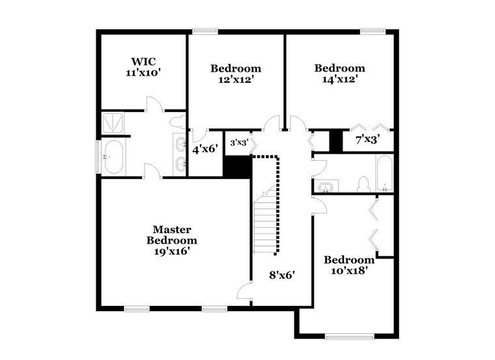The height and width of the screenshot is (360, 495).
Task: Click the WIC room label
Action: [x=143, y=61]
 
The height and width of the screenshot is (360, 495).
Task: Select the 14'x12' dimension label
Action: [x=340, y=79]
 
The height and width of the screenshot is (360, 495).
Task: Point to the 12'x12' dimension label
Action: [x=236, y=79]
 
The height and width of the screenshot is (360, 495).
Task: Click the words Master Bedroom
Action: [x=172, y=235]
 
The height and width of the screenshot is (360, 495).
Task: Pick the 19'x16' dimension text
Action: [x=172, y=251]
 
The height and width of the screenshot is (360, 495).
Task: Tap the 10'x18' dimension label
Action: [x=349, y=271]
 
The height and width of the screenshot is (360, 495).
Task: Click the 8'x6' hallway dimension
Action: [x=282, y=275]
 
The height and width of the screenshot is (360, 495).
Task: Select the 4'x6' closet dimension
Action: [x=205, y=149]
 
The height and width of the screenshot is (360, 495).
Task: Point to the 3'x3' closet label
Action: [x=240, y=143]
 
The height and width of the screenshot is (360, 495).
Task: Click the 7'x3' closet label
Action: [x=367, y=139]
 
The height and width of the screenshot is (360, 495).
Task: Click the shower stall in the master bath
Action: [x=113, y=122]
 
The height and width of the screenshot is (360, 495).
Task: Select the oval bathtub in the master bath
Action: [x=113, y=157]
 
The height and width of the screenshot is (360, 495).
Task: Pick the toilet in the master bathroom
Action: [x=177, y=122]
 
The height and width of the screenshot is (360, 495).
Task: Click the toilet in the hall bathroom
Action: [x=363, y=184]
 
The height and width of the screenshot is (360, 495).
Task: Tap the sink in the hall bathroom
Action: [x=325, y=187]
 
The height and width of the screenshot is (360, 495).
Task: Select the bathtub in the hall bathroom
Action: [x=384, y=173]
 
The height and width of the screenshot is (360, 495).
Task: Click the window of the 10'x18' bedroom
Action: [x=350, y=337]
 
